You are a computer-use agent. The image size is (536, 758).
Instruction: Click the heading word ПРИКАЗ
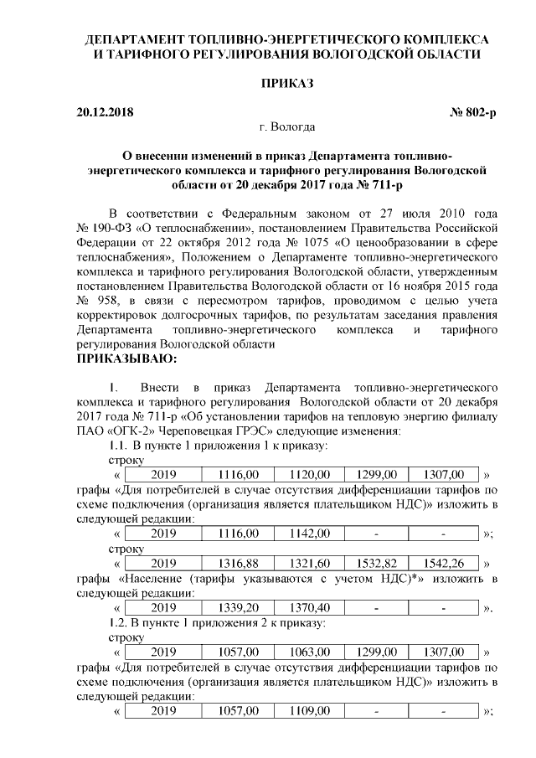286,85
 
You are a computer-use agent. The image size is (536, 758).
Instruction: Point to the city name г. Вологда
286,127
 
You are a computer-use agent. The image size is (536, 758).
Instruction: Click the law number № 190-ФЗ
105,228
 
